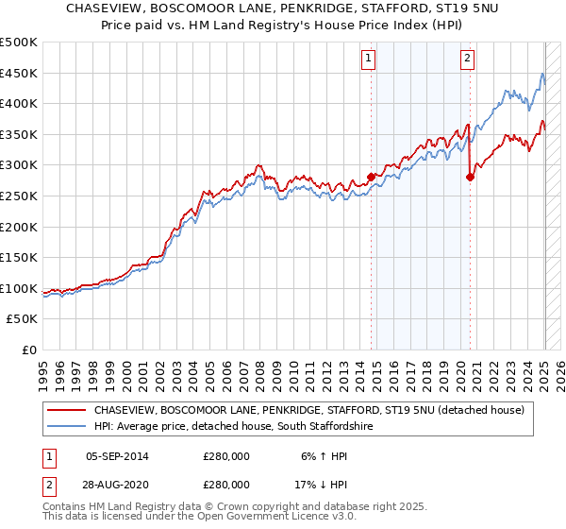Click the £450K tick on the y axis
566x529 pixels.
pos(19,73)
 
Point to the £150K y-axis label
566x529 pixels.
pos(19,257)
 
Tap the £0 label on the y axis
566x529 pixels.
pos(29,350)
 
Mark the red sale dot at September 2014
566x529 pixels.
pos(371,177)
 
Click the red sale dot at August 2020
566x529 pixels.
pos(470,177)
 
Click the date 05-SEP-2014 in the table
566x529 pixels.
pos(117,456)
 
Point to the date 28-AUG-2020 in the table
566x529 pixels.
pos(117,484)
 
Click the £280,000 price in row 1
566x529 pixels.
pos(225,456)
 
